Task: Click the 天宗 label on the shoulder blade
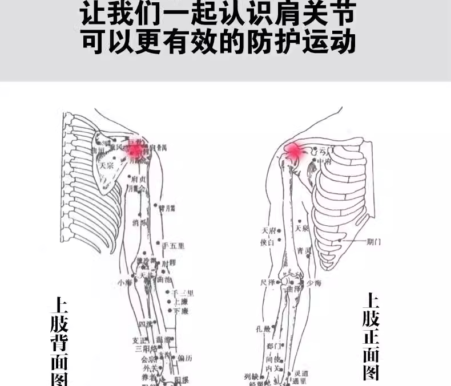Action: click(107, 166)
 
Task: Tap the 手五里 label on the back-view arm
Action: click(174, 246)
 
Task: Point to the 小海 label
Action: click(124, 282)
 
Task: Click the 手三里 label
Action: click(183, 293)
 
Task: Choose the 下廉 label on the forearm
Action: click(181, 311)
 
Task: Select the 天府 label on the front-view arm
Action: click(268, 231)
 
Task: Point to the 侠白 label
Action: click(268, 243)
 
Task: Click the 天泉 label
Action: click(302, 229)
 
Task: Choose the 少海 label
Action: click(313, 283)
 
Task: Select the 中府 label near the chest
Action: click(324, 162)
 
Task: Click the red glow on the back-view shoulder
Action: click(135, 150)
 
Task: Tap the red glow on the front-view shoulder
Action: click(295, 151)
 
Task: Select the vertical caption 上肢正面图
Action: click(371, 336)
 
